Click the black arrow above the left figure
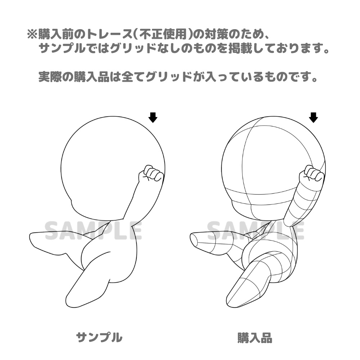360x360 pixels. point(153,117)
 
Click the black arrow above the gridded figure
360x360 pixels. point(314,117)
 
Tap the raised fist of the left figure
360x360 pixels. point(151,173)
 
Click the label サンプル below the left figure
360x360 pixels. point(99,337)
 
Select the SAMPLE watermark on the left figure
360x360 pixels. point(94,231)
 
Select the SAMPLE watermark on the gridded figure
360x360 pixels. point(256,231)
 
